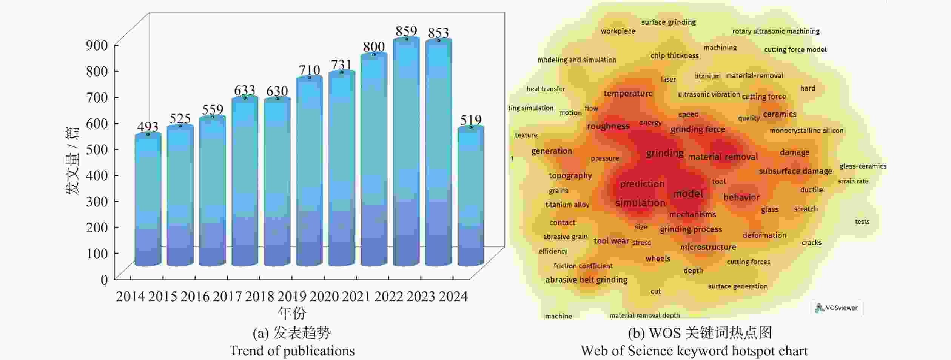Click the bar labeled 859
[x=406, y=151]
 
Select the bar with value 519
[x=471, y=196]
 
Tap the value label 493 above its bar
[x=148, y=126]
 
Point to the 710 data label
[x=310, y=70]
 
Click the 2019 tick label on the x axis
[x=292, y=297]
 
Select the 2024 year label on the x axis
[x=453, y=297]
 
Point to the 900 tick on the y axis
[x=97, y=45]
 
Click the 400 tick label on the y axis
[x=97, y=175]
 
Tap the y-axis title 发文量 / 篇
[x=72, y=161]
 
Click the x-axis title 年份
[x=292, y=313]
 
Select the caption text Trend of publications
[x=292, y=351]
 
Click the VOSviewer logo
[x=837, y=308]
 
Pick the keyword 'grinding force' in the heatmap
[x=698, y=129]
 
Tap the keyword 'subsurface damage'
[x=795, y=171]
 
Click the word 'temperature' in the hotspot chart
[x=628, y=94]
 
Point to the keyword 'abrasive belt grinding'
[x=586, y=280]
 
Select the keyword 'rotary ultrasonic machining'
[x=776, y=31]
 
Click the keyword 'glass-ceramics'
[x=863, y=166]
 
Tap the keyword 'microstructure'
[x=708, y=247]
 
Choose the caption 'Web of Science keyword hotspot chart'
[x=694, y=351]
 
